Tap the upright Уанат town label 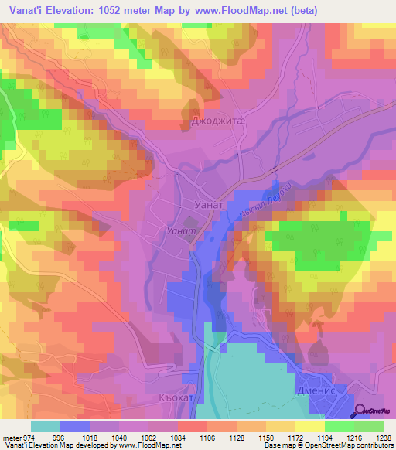[x=208, y=205]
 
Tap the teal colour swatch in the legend [x=45, y=425]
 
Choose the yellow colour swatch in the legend [x=309, y=425]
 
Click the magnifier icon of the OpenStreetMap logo [x=360, y=412]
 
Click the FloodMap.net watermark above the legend [x=162, y=416]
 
